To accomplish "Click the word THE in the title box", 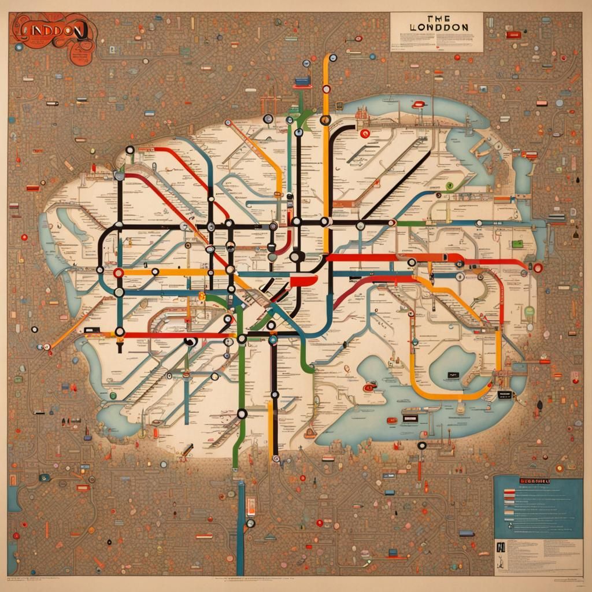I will click(x=436, y=18).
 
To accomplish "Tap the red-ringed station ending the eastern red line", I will click(x=538, y=268).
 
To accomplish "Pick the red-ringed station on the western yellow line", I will click(x=119, y=272).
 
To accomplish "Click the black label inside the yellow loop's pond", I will click(x=452, y=376).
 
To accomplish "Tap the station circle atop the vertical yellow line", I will click(x=332, y=58).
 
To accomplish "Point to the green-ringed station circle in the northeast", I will click(x=449, y=186).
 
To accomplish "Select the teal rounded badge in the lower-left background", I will click(x=45, y=478).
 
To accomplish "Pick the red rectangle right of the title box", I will click(x=513, y=35).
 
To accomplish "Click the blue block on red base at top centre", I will click(x=301, y=83).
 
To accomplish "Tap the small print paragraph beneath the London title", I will click(x=436, y=42).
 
